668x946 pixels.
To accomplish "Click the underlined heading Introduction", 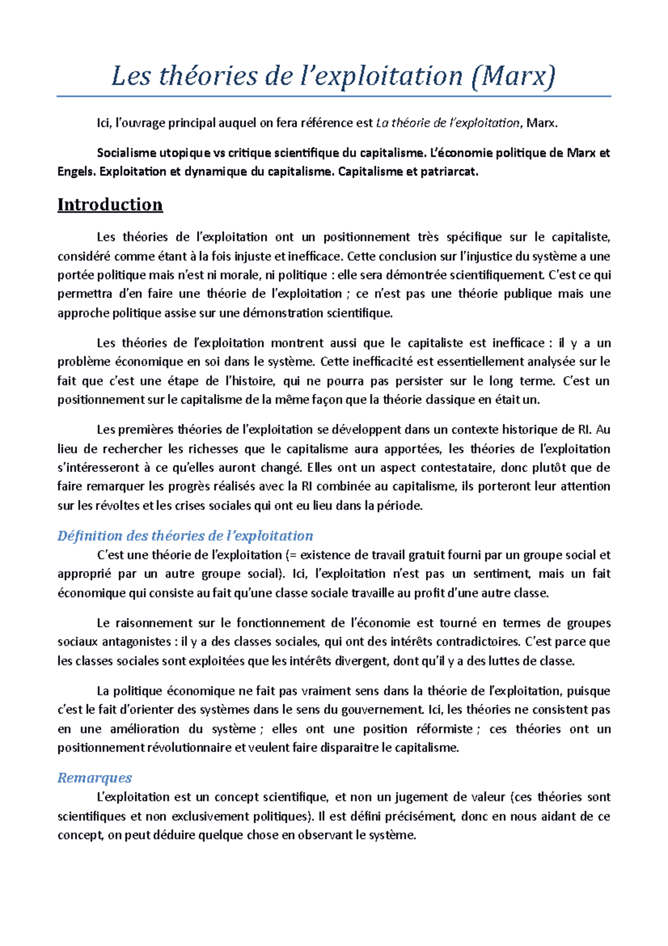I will [110, 204].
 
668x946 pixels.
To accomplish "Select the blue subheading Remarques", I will [95, 778].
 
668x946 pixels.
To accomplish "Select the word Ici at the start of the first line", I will [104, 123].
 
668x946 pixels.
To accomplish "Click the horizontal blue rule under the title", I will [333, 96].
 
